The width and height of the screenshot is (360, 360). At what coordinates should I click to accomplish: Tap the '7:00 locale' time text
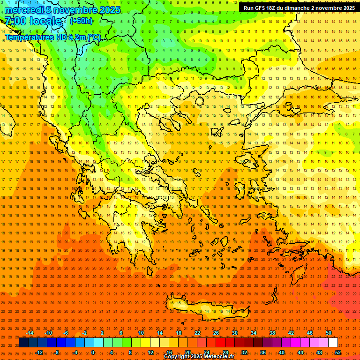[x=33, y=21]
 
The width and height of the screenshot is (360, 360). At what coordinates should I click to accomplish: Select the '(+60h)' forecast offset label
[x=81, y=21]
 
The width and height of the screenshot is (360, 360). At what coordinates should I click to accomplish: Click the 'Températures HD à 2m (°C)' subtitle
[x=52, y=37]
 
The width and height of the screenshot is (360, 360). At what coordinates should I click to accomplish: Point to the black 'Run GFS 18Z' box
[x=297, y=8]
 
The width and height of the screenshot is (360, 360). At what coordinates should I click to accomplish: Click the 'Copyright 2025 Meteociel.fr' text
[x=199, y=357]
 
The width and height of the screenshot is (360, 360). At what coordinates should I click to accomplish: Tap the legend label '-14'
[x=30, y=333]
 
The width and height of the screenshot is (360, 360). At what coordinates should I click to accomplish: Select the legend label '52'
[x=338, y=352]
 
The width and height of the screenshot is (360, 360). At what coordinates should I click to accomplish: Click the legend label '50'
[x=329, y=333]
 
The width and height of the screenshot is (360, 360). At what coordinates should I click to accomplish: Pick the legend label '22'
[x=197, y=333]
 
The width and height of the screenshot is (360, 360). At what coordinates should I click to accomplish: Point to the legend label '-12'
[x=39, y=352]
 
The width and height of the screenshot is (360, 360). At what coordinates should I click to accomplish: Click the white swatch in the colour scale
[x=333, y=343]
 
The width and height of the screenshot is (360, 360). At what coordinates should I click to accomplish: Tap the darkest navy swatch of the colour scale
[x=23, y=343]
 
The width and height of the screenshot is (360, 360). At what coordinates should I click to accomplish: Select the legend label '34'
[x=254, y=333]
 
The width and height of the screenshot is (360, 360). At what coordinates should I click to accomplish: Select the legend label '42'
[x=291, y=333]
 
